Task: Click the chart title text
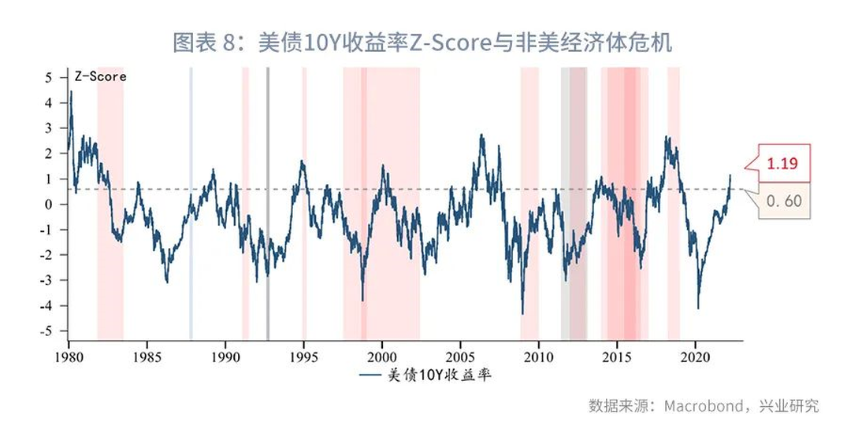[x=422, y=42]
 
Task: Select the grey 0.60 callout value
[x=782, y=201]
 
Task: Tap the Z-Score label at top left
[x=100, y=77]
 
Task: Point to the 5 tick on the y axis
[x=49, y=77]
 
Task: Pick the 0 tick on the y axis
[x=49, y=204]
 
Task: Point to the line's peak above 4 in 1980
[x=71, y=92]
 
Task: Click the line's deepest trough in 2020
[x=698, y=308]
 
